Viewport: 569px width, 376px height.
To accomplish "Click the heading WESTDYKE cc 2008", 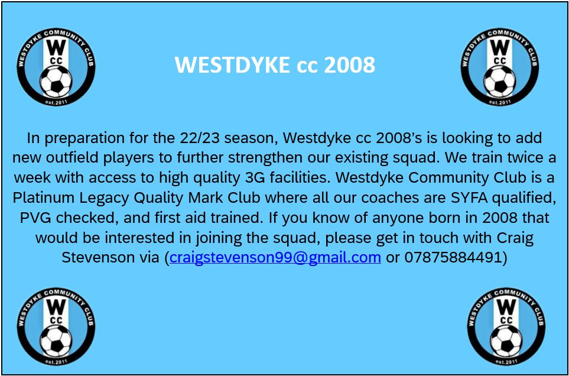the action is point(275,65).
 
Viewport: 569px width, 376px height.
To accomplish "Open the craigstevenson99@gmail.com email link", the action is point(275,257).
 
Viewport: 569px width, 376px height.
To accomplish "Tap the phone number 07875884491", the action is point(453,257).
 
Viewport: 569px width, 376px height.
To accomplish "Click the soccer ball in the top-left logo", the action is point(56,81).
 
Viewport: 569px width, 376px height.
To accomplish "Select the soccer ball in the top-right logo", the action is point(500,81).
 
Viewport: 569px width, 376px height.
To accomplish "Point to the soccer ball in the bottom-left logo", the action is point(56,341).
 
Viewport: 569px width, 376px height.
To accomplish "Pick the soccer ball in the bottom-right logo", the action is point(506,341).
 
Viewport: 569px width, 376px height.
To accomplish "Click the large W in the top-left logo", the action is point(56,47).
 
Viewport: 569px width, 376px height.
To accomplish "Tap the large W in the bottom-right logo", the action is point(506,307).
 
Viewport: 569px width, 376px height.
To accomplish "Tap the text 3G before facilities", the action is point(252,177).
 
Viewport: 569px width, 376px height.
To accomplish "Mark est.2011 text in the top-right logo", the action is point(500,102).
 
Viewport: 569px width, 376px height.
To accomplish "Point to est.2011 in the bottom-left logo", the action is point(56,362).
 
